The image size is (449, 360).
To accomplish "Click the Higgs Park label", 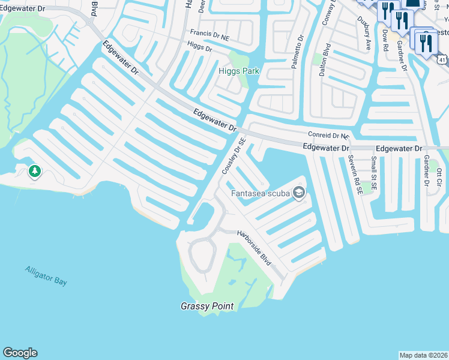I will [239, 71].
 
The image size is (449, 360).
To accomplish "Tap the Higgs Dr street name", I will [199, 46].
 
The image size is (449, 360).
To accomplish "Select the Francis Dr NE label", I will [213, 35].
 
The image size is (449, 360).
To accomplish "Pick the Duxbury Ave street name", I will [367, 37].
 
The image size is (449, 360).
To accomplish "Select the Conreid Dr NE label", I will [328, 136].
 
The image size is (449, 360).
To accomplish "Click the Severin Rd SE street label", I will [354, 175].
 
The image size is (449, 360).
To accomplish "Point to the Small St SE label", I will [374, 172].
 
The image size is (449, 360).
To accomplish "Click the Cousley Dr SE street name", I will [234, 156].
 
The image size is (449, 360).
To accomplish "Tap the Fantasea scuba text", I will [261, 193].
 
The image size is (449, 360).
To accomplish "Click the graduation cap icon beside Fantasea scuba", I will [300, 193].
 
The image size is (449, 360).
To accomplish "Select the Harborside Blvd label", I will [253, 248].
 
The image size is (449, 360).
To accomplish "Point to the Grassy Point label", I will [207, 306].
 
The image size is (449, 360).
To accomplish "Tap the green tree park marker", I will [35, 172].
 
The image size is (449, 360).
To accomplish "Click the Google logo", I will [20, 353].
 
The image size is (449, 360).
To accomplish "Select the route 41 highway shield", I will [442, 60].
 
